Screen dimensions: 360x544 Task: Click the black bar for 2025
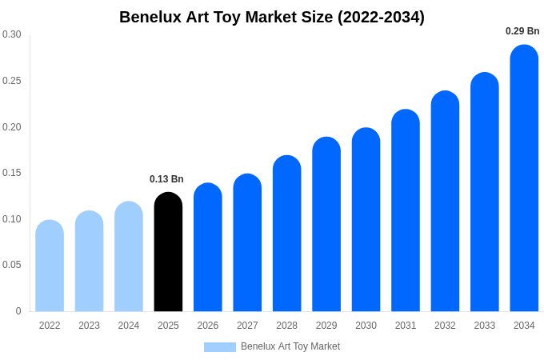click(x=168, y=252)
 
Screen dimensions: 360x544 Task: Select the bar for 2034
click(x=524, y=178)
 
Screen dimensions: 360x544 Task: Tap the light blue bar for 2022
click(x=50, y=266)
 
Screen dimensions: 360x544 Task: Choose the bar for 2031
click(x=406, y=210)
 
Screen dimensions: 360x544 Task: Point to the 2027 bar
click(x=247, y=242)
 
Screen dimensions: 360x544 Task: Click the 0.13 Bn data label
click(x=166, y=179)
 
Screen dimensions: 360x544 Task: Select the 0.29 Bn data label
click(x=522, y=31)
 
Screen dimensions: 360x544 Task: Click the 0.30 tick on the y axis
click(x=12, y=34)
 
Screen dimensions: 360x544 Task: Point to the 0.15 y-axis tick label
click(x=12, y=173)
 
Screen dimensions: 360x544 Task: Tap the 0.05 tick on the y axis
click(x=12, y=265)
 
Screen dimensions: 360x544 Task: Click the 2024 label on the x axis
click(x=129, y=326)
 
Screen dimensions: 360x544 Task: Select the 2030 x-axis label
click(x=366, y=326)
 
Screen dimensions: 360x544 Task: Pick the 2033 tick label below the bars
click(x=485, y=326)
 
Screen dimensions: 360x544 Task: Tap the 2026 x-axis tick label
click(x=208, y=326)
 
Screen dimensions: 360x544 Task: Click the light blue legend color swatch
click(x=220, y=347)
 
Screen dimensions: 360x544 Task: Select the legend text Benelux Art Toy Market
click(x=290, y=346)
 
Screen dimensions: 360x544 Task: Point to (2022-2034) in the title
click(x=381, y=17)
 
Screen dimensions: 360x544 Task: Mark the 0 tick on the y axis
click(x=18, y=311)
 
